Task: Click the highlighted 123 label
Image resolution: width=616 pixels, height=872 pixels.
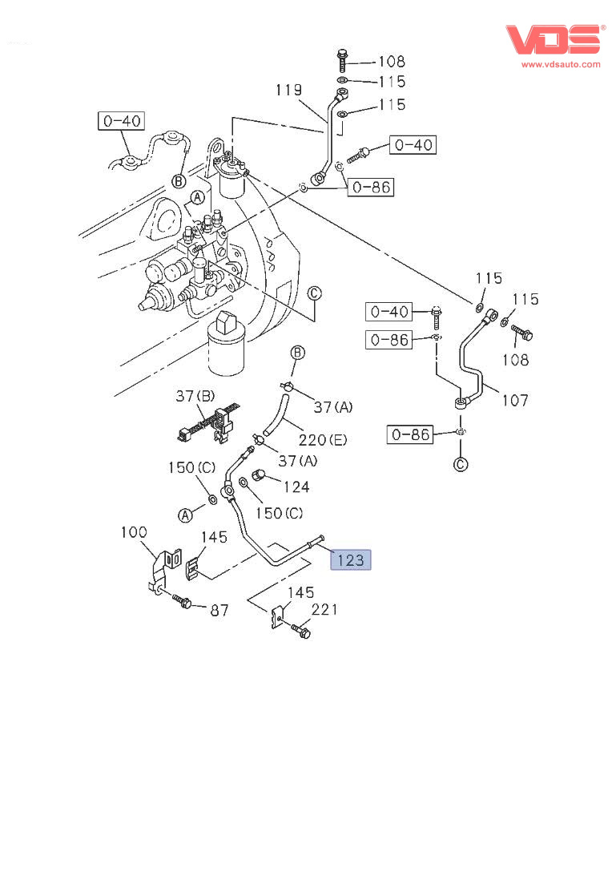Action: point(351,559)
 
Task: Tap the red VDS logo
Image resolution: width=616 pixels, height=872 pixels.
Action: point(553,40)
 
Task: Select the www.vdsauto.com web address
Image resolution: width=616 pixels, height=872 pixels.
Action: point(561,64)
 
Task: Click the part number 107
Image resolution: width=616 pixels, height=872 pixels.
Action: point(514,399)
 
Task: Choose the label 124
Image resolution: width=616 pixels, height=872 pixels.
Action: point(296,486)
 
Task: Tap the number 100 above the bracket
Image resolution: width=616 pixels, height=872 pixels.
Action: point(135,532)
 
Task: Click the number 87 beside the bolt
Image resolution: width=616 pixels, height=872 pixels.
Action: point(219,611)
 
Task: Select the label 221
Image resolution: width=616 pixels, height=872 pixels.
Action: point(324,610)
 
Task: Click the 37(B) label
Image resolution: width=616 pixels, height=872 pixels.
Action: point(195,397)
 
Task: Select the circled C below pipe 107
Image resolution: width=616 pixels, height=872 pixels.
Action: point(461,464)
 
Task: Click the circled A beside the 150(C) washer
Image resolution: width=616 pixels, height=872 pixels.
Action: point(185,515)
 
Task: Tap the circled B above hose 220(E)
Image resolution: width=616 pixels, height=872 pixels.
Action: point(297,352)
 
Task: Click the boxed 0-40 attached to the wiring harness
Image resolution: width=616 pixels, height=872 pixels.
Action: point(121,121)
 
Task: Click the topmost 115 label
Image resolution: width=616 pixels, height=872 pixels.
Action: point(392,81)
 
